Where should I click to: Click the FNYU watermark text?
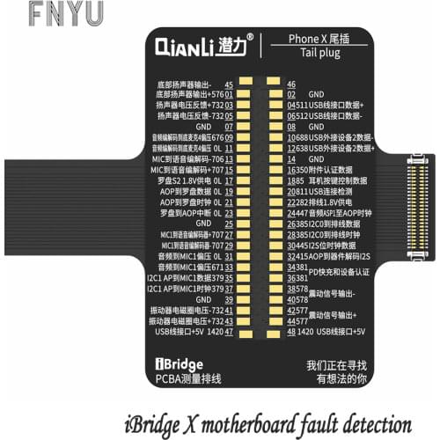click(x=52, y=12)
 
